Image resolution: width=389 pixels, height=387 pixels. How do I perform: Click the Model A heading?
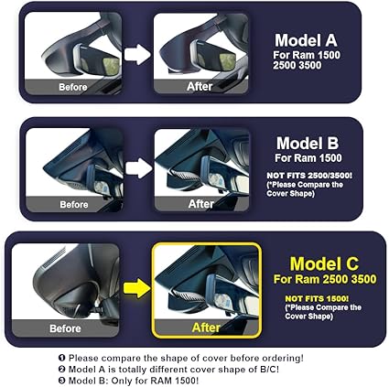pos(306,40)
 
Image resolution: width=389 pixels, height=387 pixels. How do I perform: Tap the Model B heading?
pos(308,143)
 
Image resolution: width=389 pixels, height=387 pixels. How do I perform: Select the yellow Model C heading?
pos(324,263)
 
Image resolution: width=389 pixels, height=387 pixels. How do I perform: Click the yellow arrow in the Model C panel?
pos(137,288)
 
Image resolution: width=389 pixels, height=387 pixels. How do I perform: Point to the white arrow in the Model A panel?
pos(137,54)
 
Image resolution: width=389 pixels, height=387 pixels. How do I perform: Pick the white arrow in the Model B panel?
pos(139,168)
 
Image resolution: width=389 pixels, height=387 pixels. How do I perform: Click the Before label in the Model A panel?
pos(73,87)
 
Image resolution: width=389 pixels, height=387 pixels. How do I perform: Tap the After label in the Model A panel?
pos(200,87)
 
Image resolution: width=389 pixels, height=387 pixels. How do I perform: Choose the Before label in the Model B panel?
pos(74,204)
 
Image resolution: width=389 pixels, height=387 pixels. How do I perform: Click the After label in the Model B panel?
pos(201,204)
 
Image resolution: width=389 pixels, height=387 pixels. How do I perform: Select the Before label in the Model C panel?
pos(65,328)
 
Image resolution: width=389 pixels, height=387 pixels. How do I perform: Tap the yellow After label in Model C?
pos(206,328)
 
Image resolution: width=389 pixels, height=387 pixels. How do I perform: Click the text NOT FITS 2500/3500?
pos(309,176)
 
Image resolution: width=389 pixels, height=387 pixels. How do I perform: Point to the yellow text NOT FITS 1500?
pos(317,298)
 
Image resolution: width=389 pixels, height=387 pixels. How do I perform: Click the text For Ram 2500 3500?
pos(325,279)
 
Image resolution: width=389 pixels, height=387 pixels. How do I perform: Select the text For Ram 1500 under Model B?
pos(308,158)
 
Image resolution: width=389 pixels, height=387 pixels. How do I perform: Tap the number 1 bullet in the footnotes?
pos(62,358)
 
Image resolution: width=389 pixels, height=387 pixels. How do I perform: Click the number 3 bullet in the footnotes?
pos(62,381)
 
